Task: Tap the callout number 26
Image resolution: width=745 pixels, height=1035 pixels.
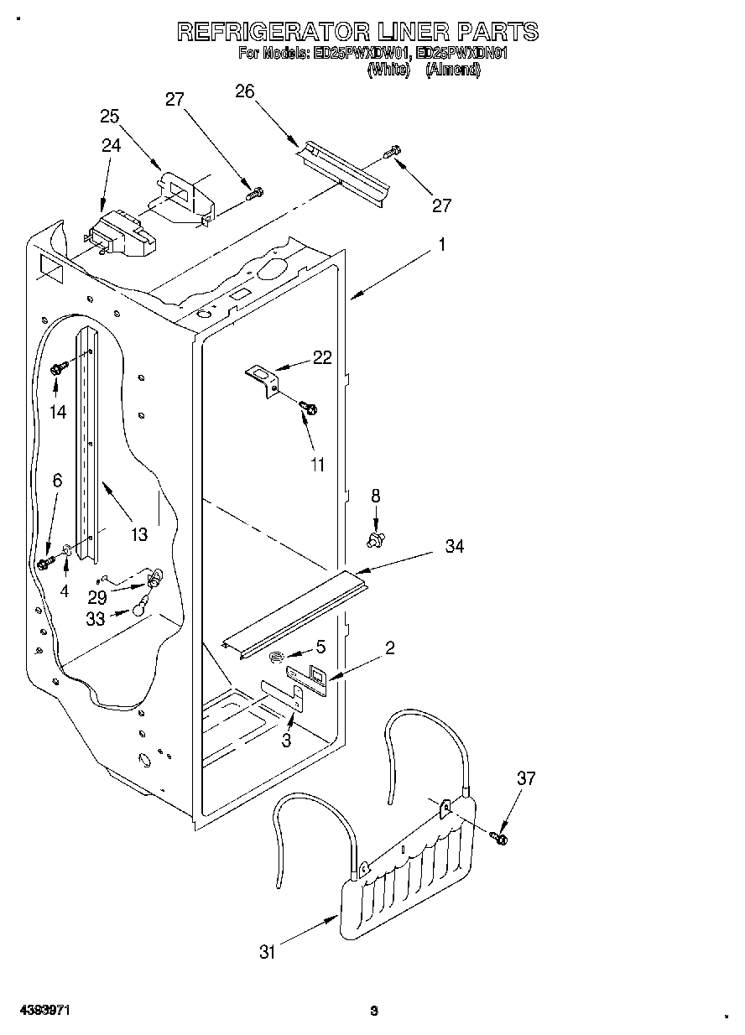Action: pyautogui.click(x=245, y=91)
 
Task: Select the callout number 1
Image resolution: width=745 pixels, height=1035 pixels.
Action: pyautogui.click(x=442, y=246)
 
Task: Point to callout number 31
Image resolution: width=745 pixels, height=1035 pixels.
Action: pyautogui.click(x=267, y=951)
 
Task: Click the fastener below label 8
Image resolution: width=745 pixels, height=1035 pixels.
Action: pyautogui.click(x=377, y=537)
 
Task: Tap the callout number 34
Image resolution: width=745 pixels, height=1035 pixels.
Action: pyautogui.click(x=455, y=546)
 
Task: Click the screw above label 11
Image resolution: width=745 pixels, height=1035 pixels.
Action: pyautogui.click(x=309, y=408)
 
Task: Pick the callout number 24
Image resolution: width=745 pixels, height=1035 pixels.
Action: pyautogui.click(x=112, y=145)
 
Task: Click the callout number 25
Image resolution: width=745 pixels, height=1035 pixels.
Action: pyautogui.click(x=110, y=116)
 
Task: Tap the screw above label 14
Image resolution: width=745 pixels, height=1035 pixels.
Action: pyautogui.click(x=59, y=367)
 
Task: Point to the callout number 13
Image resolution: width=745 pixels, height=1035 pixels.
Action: pyautogui.click(x=138, y=533)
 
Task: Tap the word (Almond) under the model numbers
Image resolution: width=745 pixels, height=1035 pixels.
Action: pyautogui.click(x=453, y=70)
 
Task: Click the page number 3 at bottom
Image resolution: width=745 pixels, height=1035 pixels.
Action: pyautogui.click(x=374, y=1011)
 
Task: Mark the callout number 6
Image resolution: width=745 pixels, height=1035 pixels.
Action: pyautogui.click(x=57, y=481)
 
